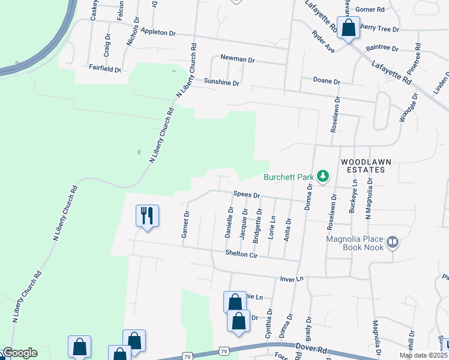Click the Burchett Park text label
click(288, 177)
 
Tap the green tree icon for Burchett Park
click(324, 176)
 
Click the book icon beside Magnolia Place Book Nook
click(393, 242)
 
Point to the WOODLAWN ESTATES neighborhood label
click(362, 166)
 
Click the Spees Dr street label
click(247, 196)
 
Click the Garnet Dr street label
click(186, 224)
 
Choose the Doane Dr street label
click(327, 81)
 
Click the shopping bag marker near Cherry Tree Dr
click(348, 28)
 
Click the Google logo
click(19, 353)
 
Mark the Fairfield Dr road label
click(105, 69)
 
